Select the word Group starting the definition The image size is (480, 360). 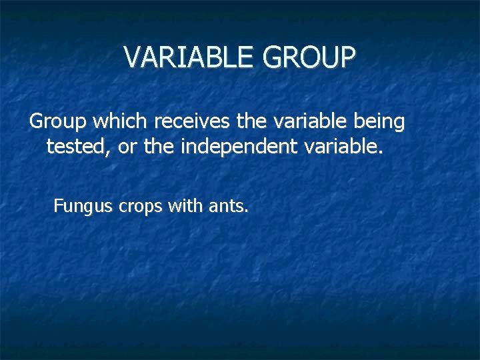click(x=59, y=121)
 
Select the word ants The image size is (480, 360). click(x=228, y=206)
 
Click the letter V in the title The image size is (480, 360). click(x=133, y=58)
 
